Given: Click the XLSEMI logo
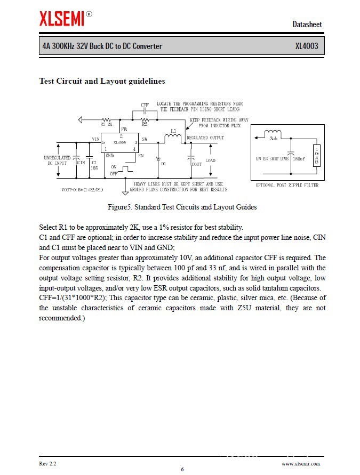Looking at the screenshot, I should [x=62, y=19].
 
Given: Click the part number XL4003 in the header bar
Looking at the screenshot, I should [x=307, y=46].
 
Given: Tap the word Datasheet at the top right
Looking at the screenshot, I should [x=307, y=24].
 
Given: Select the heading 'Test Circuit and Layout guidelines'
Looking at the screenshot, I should [x=102, y=81].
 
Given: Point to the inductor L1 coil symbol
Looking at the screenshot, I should [x=173, y=139].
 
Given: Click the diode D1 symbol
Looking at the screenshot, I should [x=158, y=159].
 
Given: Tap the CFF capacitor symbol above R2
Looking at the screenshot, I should [x=145, y=112].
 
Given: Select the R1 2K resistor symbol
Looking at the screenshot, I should [x=106, y=120].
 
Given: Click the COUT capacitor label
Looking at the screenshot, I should [x=197, y=164].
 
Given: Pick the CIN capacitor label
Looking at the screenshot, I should [x=81, y=162].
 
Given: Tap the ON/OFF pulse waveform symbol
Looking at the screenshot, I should [x=126, y=169].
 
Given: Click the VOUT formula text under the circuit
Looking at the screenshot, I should [x=83, y=189].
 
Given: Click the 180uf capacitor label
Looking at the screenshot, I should [x=299, y=158].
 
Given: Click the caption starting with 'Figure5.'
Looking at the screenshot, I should [x=182, y=207].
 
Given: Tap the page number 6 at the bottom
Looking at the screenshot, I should [x=182, y=469].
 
